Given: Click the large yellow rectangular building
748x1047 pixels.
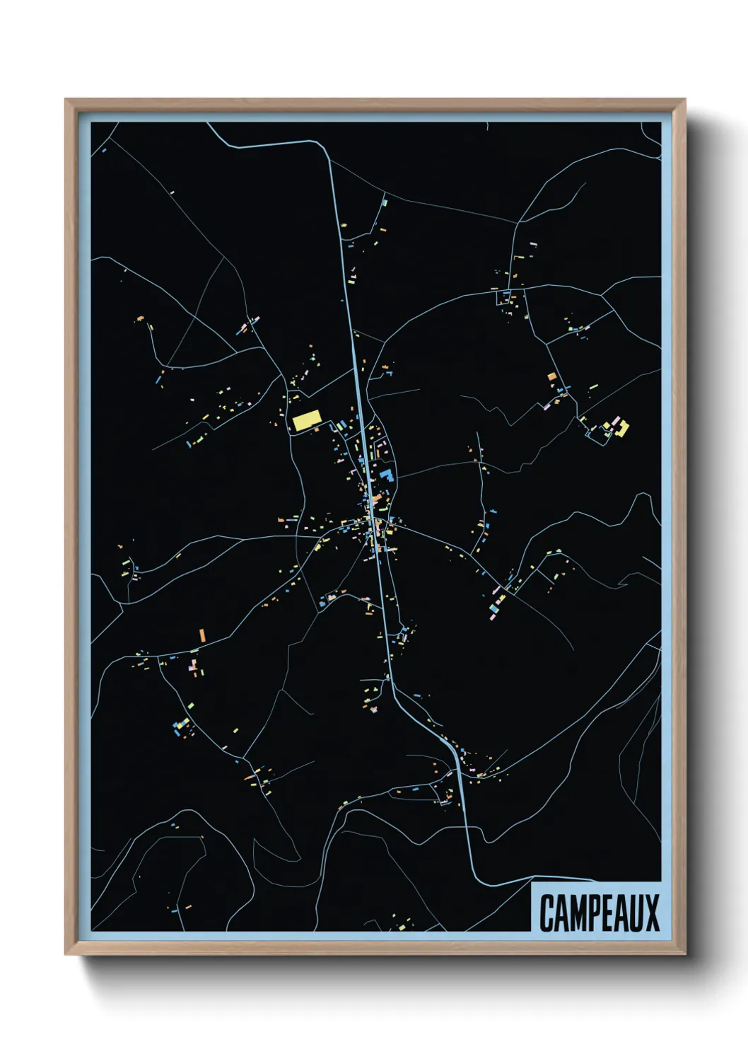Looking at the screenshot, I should [x=306, y=421].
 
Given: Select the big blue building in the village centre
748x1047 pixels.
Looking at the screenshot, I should [x=385, y=474].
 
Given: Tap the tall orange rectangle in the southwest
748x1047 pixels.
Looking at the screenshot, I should [x=202, y=635].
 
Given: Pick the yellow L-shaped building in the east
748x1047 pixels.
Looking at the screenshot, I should [x=624, y=429].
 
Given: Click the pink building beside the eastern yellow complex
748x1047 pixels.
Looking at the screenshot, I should [x=616, y=422].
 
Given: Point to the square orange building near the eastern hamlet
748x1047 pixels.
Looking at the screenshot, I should [x=552, y=377].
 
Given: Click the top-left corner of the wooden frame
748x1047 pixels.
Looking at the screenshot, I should [x=66, y=100].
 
